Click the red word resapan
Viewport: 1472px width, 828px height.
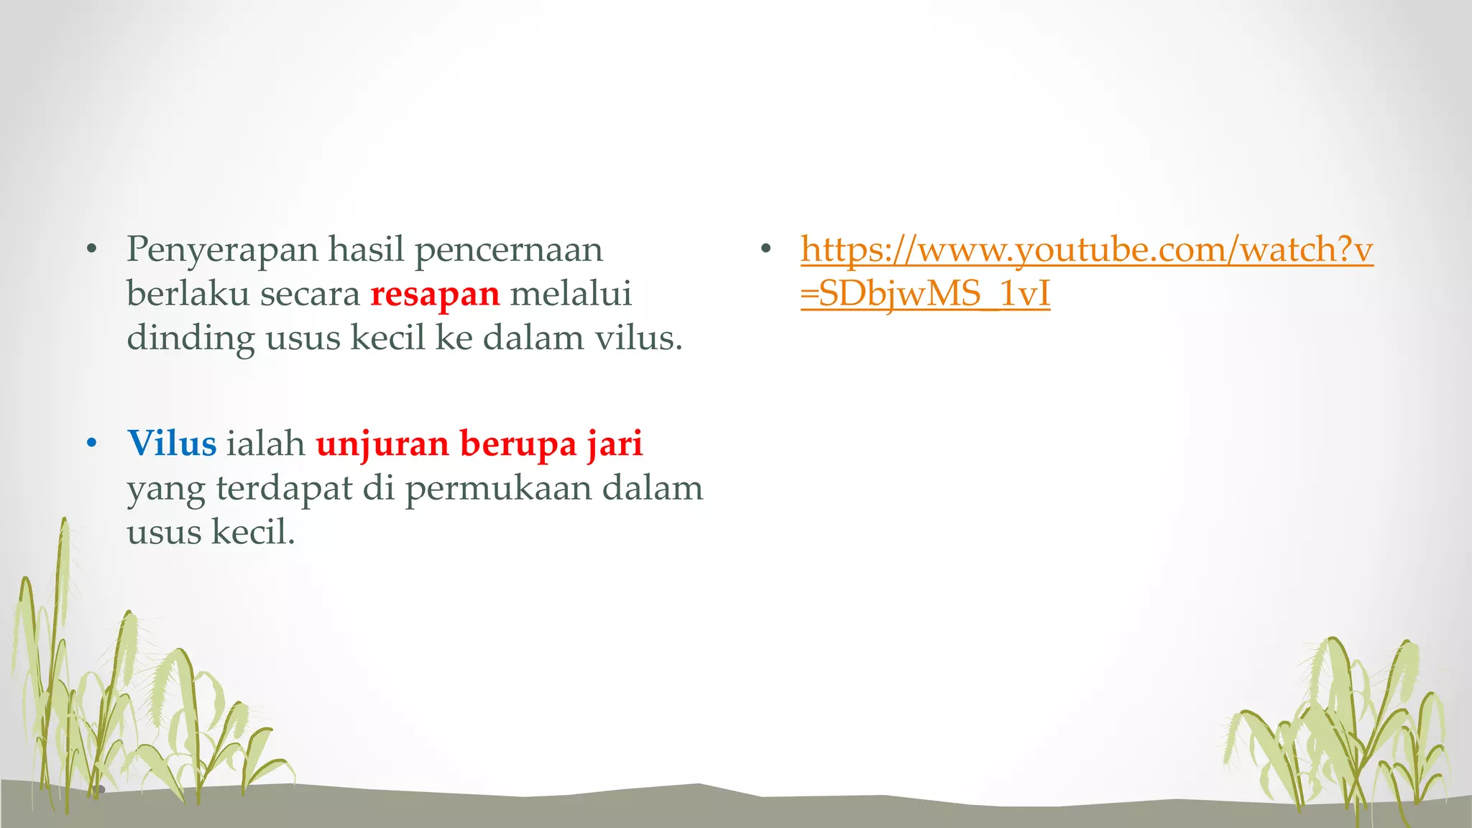tap(435, 295)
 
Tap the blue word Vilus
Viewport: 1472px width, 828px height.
tap(172, 443)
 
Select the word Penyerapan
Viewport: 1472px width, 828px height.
tap(222, 251)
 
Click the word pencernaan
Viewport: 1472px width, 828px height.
tap(509, 251)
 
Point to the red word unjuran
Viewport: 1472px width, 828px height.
tap(382, 445)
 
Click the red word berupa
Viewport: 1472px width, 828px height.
tap(518, 445)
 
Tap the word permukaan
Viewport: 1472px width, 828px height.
tap(499, 489)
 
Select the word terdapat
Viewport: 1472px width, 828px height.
tap(284, 489)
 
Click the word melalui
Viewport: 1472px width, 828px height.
tap(571, 295)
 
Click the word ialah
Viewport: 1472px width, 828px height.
tap(265, 443)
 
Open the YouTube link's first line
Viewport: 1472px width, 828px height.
tap(1087, 251)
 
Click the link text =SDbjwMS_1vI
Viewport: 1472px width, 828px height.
tap(925, 295)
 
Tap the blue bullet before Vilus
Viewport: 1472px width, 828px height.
tap(91, 443)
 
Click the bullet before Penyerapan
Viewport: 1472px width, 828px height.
tap(91, 250)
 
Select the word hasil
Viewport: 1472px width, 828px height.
tap(367, 250)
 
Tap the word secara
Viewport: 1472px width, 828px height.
tap(310, 295)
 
